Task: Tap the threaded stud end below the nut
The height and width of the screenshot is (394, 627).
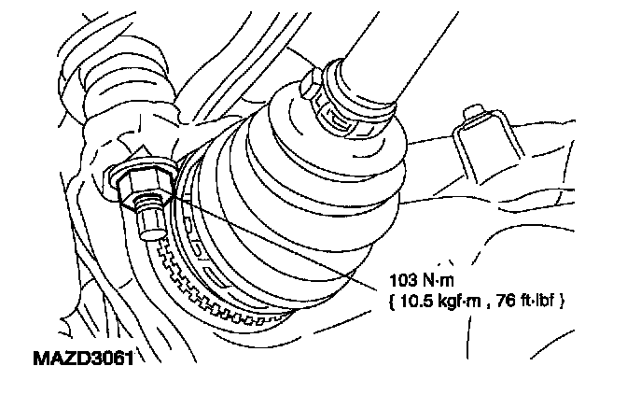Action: [x=149, y=224]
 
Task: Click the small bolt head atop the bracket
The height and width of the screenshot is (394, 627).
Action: [x=474, y=117]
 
